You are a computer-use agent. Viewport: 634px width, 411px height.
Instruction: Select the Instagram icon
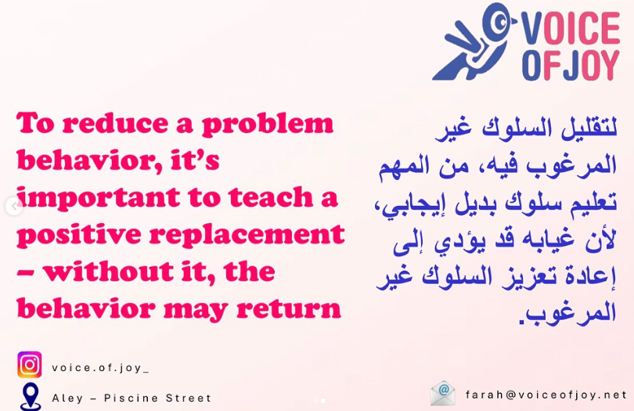coord(30,365)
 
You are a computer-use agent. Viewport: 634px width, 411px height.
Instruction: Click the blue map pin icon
coord(30,395)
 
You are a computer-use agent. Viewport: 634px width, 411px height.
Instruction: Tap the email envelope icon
coord(443,393)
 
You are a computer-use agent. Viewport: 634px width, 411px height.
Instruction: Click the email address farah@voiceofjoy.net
coord(546,395)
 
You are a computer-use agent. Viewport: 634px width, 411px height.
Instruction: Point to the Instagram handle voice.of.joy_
coord(100,366)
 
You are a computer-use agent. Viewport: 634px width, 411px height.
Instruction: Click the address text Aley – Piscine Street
coord(131,398)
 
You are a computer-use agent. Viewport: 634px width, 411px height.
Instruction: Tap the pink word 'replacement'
coord(261,235)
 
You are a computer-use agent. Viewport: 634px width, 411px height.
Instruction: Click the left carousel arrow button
coord(13,207)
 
